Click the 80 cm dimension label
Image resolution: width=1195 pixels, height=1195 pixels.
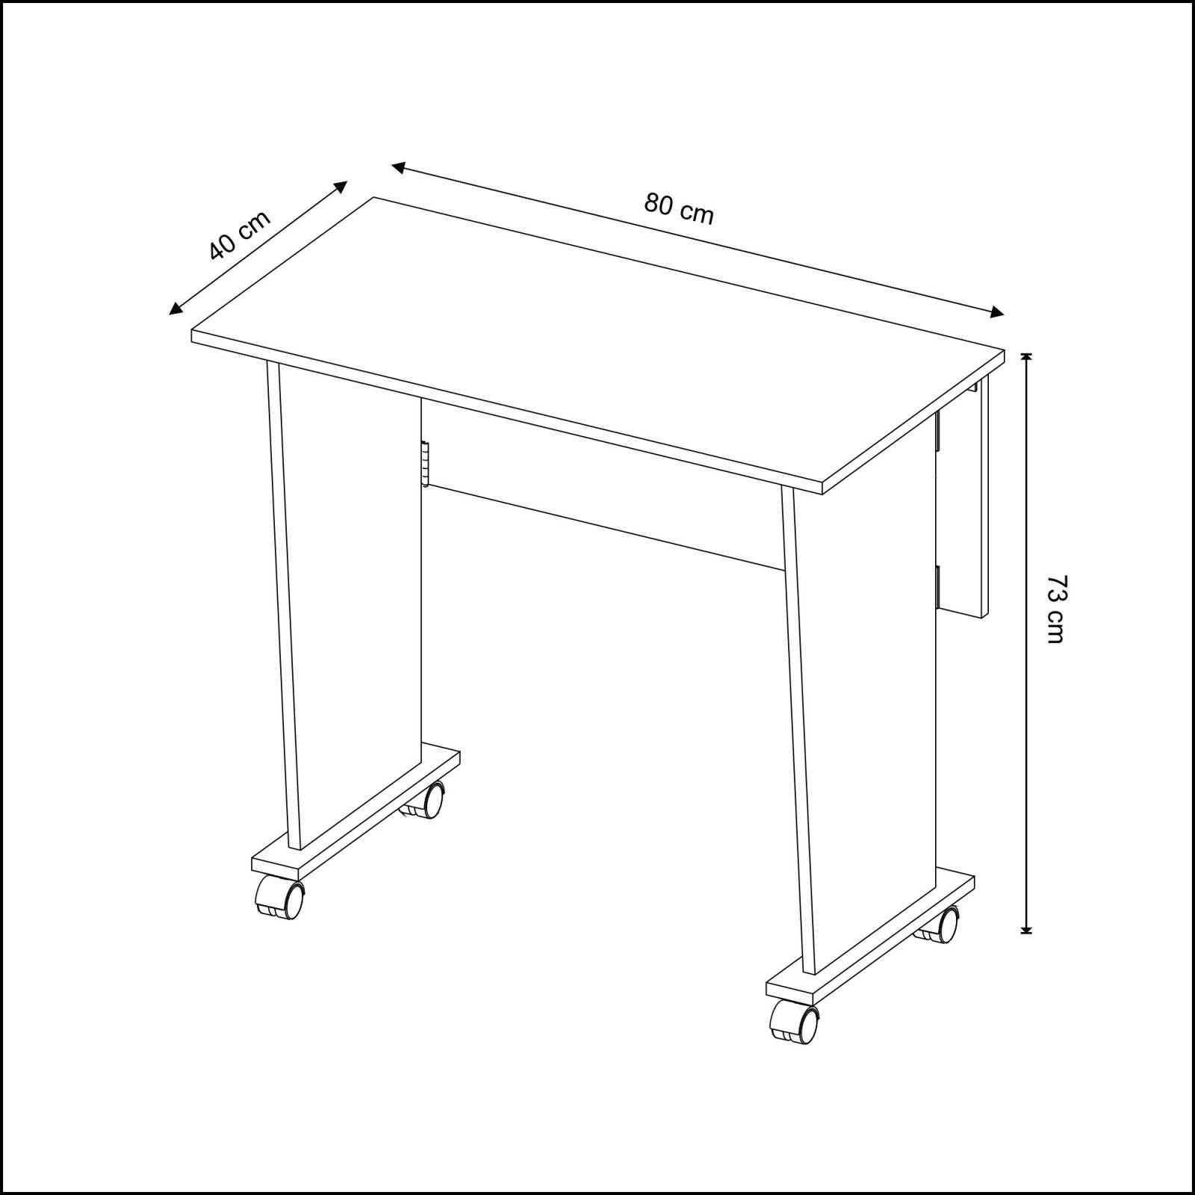pos(679,210)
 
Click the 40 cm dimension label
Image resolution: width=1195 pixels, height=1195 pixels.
pos(238,235)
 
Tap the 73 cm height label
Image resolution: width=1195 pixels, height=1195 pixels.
pos(1056,609)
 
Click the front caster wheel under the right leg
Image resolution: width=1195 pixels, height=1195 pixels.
pos(796,1020)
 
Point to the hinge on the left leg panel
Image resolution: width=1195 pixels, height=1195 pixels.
pos(424,464)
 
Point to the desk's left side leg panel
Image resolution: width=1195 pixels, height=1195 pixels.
pos(351,597)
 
